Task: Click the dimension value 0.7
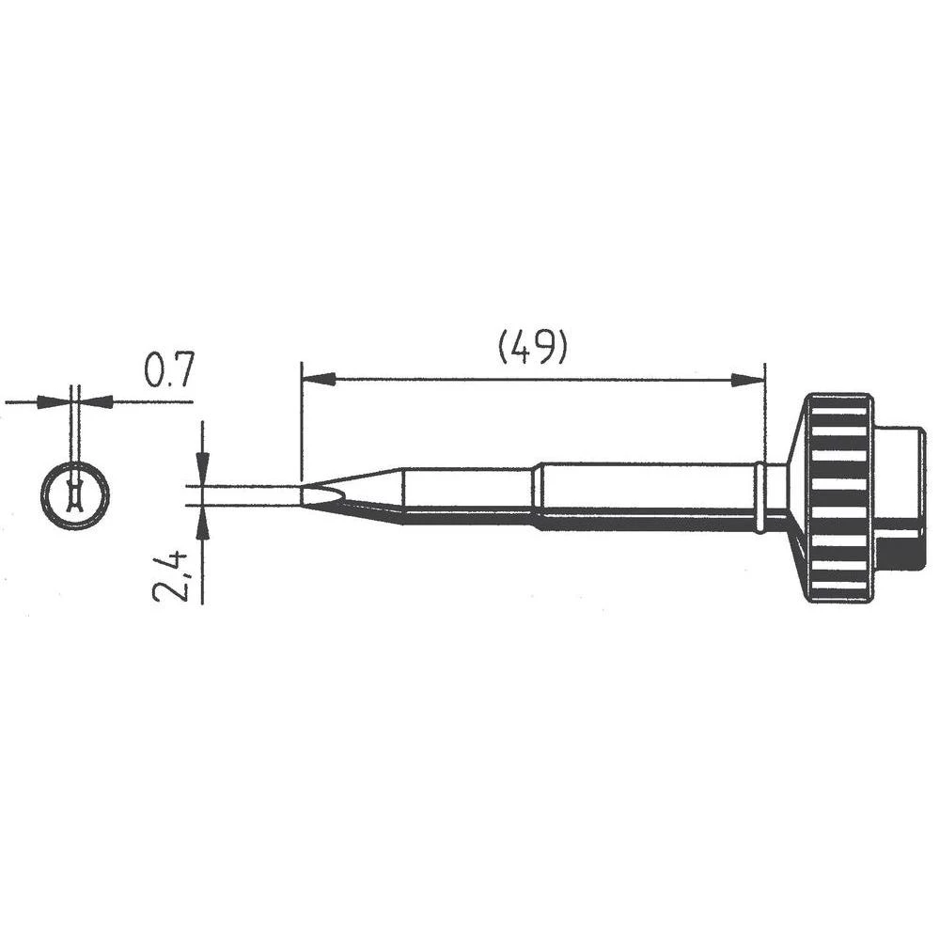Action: point(168,372)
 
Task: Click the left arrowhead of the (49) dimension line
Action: point(318,380)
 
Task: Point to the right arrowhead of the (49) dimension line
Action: point(748,380)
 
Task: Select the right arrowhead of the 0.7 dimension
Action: point(98,401)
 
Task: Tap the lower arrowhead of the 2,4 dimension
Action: point(203,523)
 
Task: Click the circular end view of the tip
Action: point(75,494)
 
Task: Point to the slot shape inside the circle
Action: point(75,494)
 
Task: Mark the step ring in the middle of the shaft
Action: point(537,494)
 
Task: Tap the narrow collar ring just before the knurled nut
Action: point(760,496)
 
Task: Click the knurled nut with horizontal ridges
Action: point(839,498)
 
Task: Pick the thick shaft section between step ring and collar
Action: point(649,494)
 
